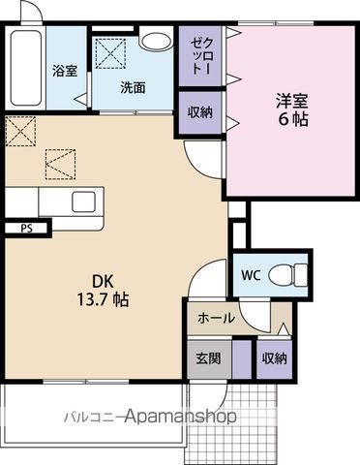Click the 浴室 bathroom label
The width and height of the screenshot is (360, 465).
(65, 71)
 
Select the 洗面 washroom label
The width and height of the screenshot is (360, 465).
(133, 87)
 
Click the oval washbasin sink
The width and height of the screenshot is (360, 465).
(157, 42)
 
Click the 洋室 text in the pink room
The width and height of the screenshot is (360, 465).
(292, 101)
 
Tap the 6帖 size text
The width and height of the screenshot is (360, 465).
(293, 119)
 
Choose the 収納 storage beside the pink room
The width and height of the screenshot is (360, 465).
(200, 112)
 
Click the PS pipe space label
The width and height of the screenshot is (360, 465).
(26, 229)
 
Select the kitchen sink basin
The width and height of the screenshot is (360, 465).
(83, 201)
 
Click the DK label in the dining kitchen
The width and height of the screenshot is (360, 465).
(103, 282)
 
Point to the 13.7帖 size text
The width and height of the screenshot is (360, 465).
(103, 299)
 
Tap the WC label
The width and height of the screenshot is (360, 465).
(252, 275)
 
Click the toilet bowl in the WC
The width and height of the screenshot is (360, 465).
(287, 275)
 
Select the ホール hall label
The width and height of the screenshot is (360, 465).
(216, 318)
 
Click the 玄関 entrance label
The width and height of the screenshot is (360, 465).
(209, 358)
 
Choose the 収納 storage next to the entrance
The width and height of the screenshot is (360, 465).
(274, 358)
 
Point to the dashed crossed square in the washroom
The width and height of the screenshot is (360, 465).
(110, 53)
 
